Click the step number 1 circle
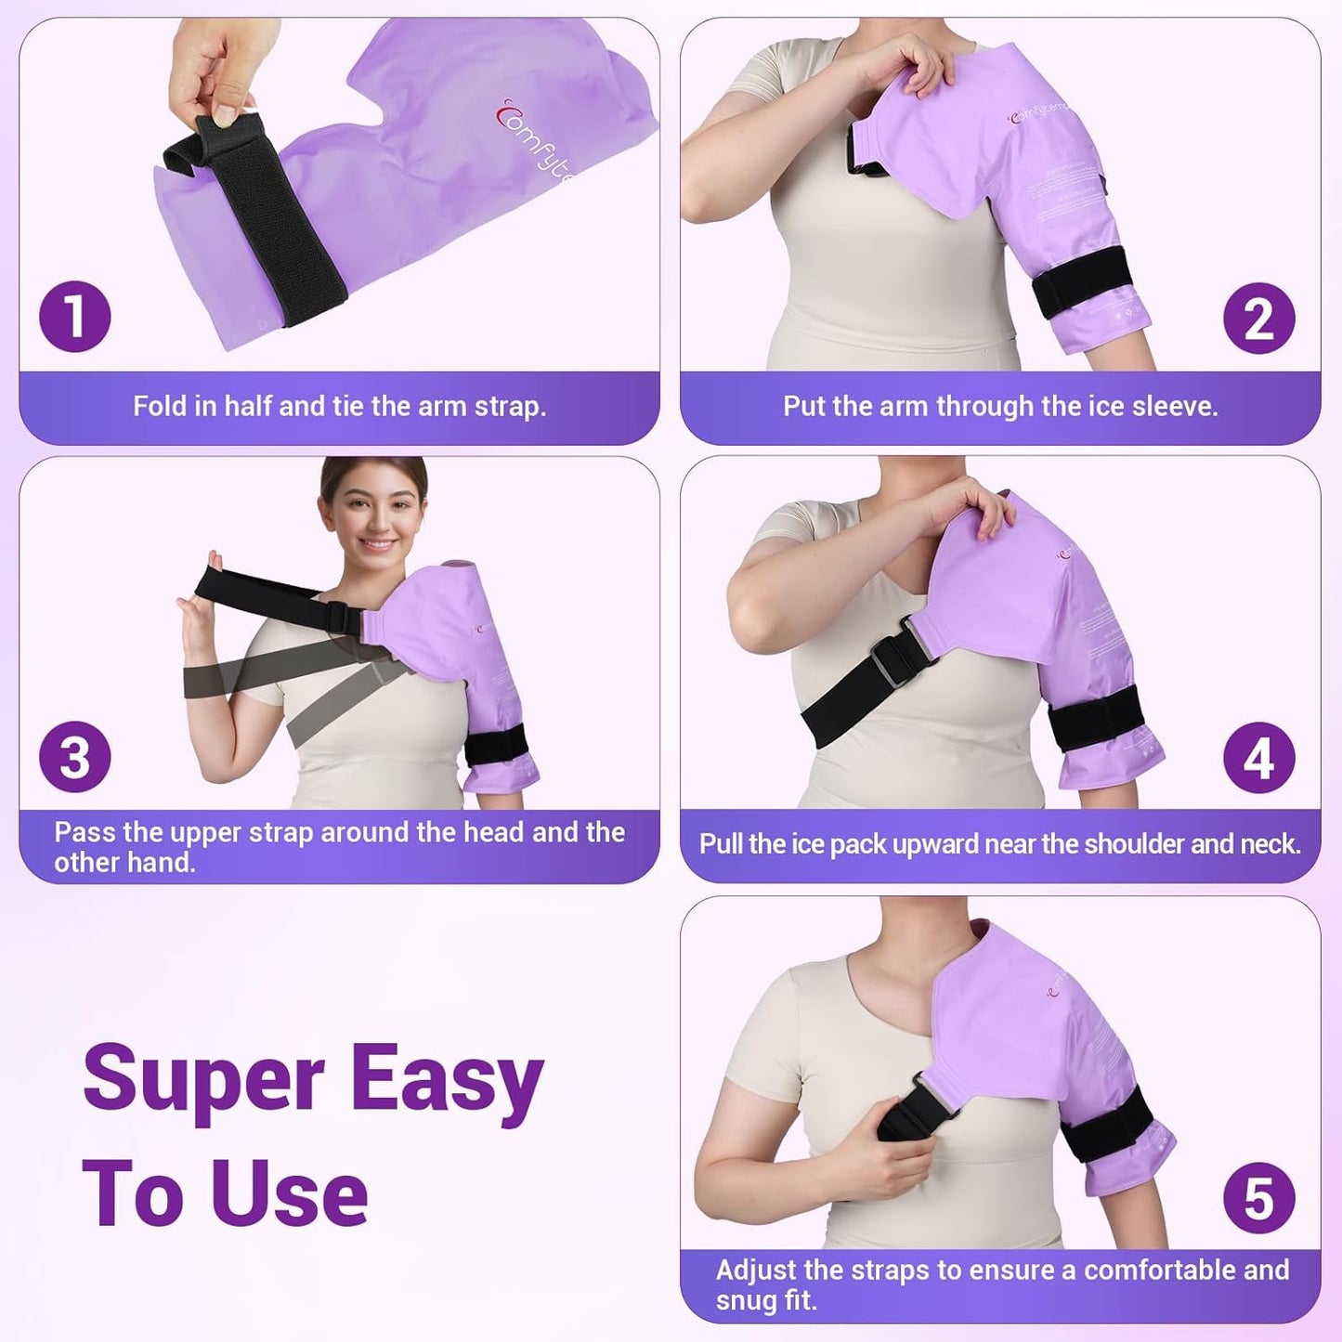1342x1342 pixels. point(75,317)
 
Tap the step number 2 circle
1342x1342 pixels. point(1258,319)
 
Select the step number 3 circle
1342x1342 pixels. point(75,757)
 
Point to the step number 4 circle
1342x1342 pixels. point(1258,757)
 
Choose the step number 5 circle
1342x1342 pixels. point(1258,1198)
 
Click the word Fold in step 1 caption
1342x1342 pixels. point(161,406)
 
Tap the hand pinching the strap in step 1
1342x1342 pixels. point(218,74)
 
